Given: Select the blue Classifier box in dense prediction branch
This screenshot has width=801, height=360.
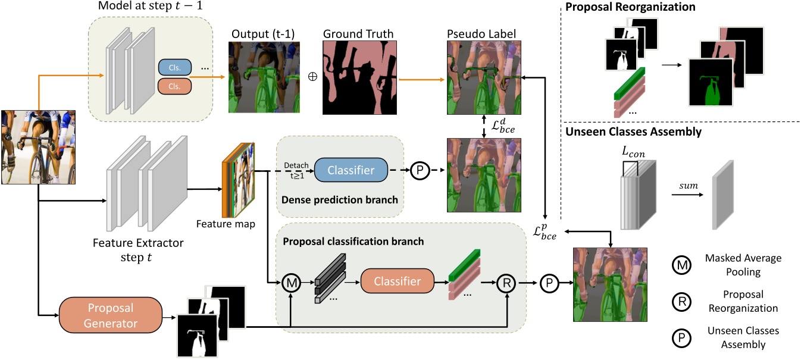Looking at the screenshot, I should (x=351, y=170).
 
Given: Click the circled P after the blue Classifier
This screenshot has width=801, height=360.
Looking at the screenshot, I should (x=420, y=170).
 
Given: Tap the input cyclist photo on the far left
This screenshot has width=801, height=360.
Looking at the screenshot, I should (x=38, y=148).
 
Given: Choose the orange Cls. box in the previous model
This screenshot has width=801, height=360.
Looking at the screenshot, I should (x=174, y=87).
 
